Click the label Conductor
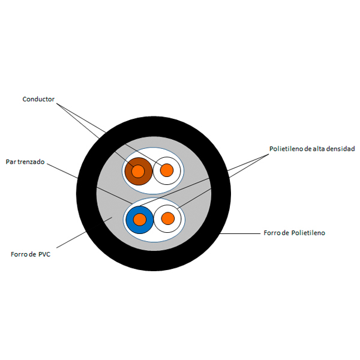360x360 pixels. (38, 99)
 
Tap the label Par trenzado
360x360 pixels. (25, 162)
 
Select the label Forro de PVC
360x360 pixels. (31, 254)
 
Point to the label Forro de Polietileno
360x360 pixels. (295, 233)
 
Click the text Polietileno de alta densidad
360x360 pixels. (312, 149)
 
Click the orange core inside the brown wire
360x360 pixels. (138, 171)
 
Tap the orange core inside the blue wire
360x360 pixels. (140, 220)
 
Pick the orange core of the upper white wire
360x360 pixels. (167, 170)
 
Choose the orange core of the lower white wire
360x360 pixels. (168, 218)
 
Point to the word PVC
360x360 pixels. (44, 254)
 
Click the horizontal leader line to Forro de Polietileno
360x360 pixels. (240, 234)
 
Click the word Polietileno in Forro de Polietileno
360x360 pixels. (308, 233)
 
